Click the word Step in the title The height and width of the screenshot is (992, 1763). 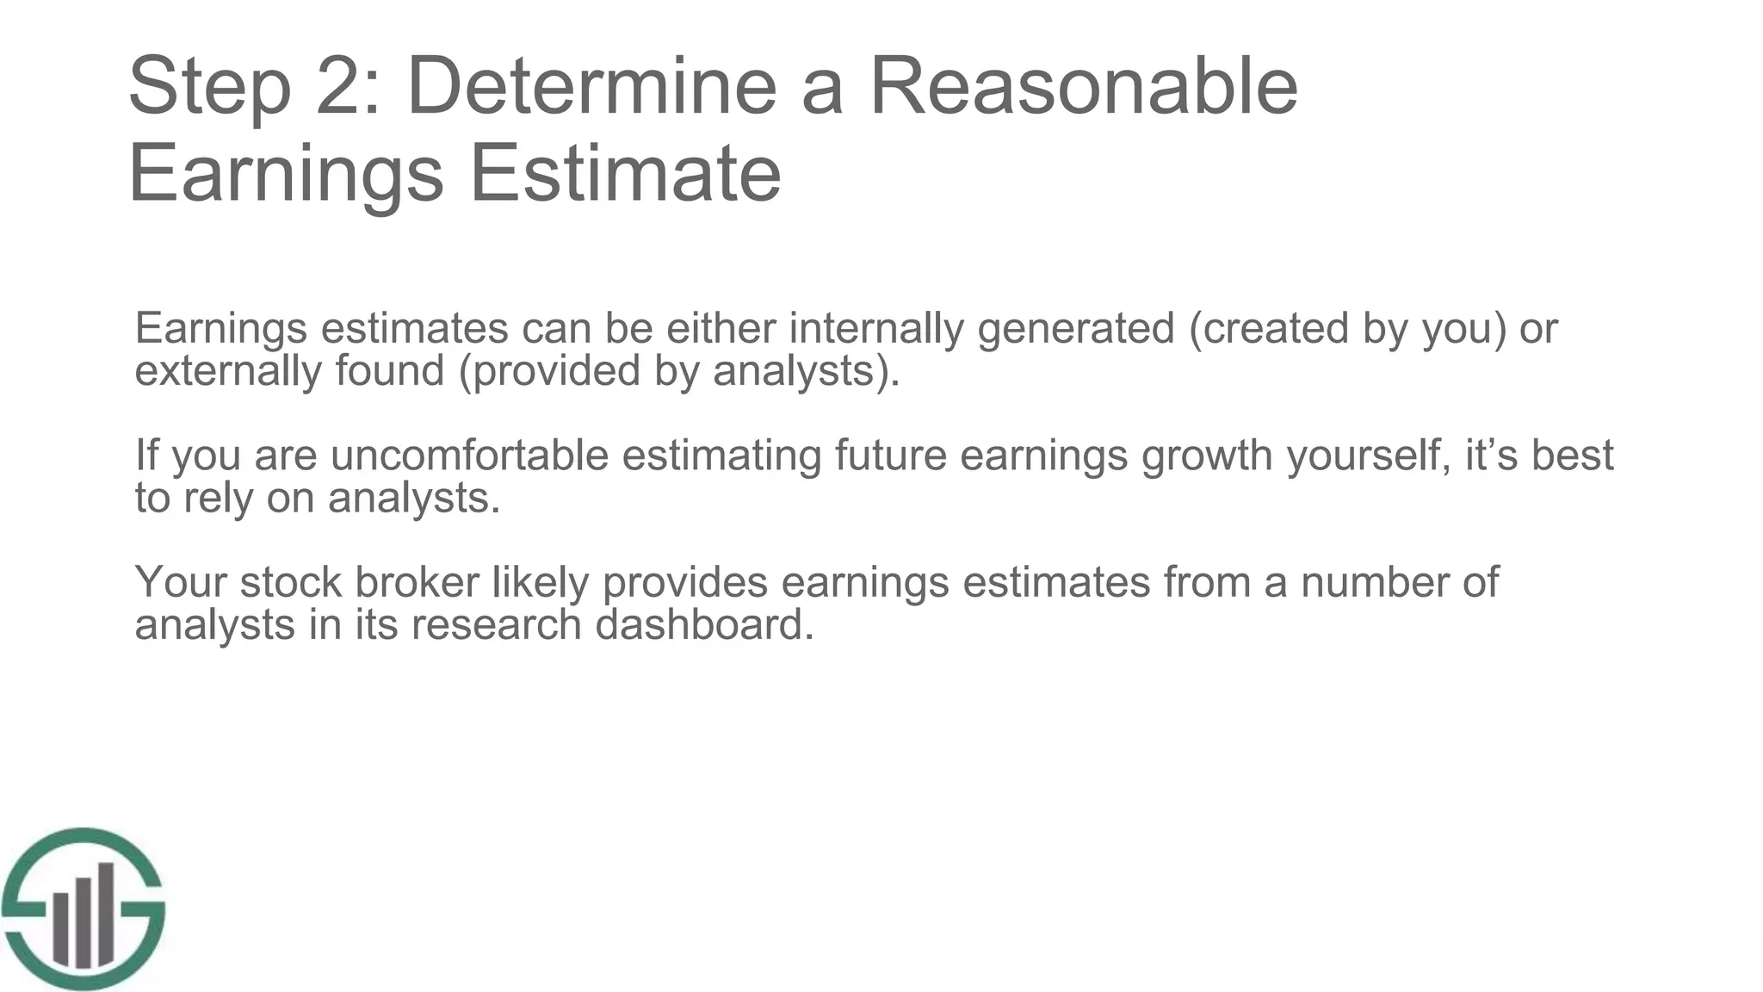[209, 88]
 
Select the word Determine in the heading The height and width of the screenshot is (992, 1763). [591, 86]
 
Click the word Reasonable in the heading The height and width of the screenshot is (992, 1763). [1083, 86]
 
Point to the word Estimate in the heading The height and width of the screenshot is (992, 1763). [625, 174]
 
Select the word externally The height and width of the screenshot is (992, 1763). [228, 371]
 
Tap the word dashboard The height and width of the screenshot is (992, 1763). [703, 624]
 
